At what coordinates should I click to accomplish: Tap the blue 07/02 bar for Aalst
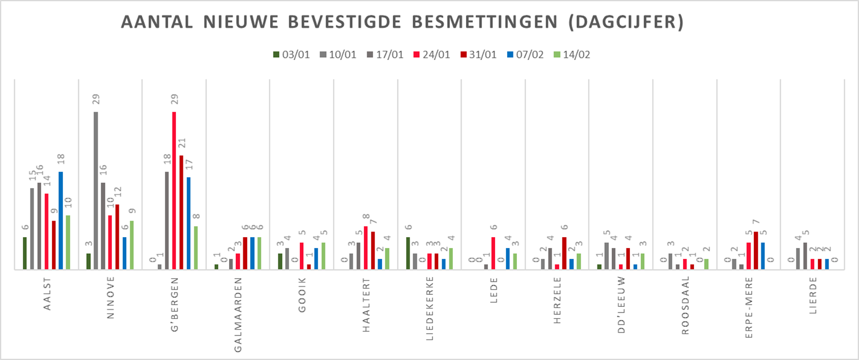[x=61, y=220]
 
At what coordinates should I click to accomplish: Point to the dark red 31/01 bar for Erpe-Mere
[x=756, y=250]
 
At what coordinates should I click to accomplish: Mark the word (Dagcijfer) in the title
[x=627, y=23]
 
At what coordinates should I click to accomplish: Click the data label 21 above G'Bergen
[x=182, y=143]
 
